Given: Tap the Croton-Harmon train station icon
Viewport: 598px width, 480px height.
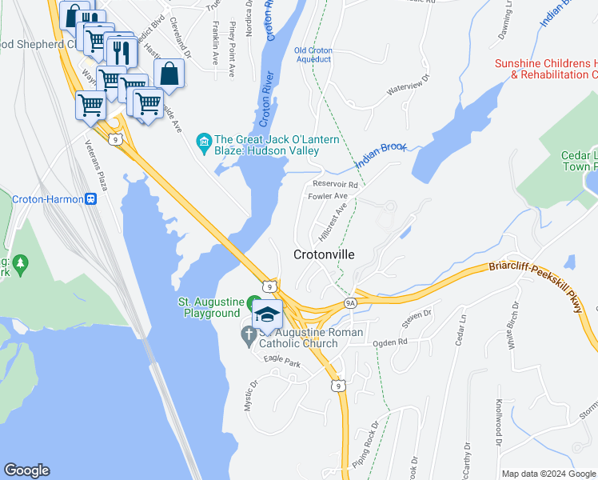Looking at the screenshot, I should point(92,199).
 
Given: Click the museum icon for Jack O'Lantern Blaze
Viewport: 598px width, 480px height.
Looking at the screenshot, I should point(203,144).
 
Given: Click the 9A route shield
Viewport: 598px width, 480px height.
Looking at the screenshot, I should point(349,303).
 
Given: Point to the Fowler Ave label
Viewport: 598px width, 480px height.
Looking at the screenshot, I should point(328,196).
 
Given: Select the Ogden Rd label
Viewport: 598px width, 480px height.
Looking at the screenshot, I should point(390,342).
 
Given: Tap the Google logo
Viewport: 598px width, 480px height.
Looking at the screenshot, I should point(27,470).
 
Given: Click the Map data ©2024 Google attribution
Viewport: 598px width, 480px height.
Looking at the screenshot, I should point(548,474).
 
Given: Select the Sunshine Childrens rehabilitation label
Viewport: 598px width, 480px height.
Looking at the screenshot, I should point(546,69).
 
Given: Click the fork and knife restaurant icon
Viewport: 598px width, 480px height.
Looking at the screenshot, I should point(122,52).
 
